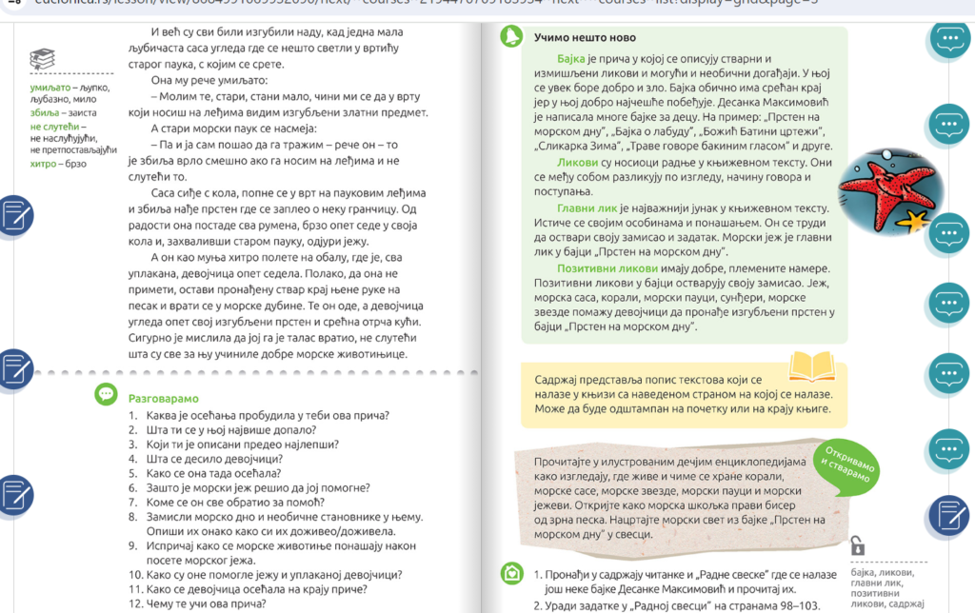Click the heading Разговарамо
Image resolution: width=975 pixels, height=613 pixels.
point(163,399)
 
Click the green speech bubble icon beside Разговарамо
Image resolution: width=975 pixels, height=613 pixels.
point(106,394)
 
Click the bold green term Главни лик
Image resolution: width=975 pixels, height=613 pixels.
point(565,208)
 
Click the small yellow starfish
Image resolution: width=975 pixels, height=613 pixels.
point(916,222)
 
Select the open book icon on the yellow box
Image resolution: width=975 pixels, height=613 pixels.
point(812,366)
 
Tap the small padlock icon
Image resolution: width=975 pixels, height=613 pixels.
point(857,545)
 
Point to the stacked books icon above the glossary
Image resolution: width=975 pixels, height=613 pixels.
point(42,60)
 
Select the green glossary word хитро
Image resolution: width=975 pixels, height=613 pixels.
point(46,163)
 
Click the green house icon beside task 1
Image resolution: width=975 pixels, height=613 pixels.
point(512,574)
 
